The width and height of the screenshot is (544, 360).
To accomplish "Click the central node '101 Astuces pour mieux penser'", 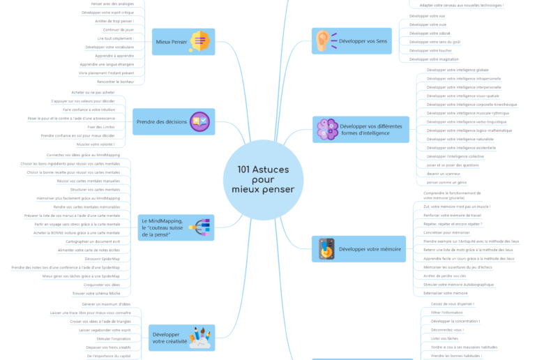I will (263, 179).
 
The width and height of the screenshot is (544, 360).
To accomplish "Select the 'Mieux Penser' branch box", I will (183, 42).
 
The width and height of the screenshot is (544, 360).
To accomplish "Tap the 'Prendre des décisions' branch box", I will (173, 121).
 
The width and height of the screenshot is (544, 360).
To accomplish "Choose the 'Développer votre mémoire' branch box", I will (358, 249).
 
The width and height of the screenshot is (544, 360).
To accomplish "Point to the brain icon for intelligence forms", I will (326, 129).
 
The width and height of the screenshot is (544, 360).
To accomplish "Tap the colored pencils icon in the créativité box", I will (199, 338).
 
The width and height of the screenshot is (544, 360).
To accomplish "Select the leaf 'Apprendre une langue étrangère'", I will (116, 63).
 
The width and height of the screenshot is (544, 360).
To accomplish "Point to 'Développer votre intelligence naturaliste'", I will (458, 139).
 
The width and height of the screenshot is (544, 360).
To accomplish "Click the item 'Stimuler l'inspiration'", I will (105, 338).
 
